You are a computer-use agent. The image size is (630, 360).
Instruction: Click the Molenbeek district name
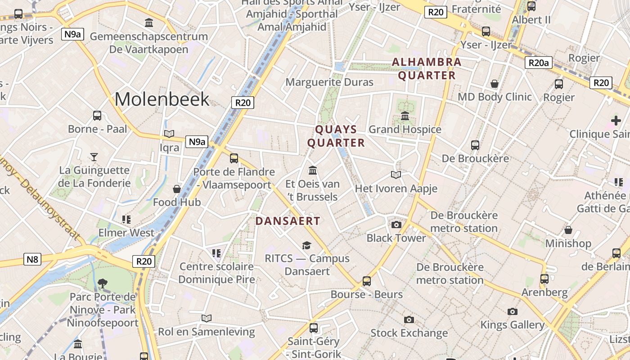tap(162, 99)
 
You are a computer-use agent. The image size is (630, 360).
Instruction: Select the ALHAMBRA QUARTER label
tap(427, 68)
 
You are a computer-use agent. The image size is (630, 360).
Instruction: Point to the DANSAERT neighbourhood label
tap(288, 221)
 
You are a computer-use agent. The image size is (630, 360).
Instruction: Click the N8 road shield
tap(32, 259)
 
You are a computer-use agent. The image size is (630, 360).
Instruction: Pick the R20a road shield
tap(538, 63)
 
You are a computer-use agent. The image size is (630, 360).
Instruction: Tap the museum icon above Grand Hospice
tap(405, 116)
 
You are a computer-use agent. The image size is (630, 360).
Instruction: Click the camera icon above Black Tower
tap(396, 225)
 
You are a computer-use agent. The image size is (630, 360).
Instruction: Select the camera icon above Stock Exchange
tap(409, 319)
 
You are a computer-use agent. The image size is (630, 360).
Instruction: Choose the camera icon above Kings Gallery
tap(512, 311)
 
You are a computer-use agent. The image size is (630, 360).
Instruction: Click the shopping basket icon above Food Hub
tap(177, 189)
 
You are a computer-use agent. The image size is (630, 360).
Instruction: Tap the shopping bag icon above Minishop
tap(568, 230)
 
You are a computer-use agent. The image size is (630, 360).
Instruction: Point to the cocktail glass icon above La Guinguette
tap(94, 157)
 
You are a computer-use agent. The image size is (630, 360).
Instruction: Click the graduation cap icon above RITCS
tap(307, 245)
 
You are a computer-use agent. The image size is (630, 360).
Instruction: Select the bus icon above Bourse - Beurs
tap(367, 281)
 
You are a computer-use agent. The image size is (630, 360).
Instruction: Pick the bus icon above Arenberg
tap(544, 279)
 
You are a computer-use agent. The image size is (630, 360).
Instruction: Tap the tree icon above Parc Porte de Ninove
tap(103, 283)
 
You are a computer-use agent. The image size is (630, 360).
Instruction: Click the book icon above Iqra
tap(169, 134)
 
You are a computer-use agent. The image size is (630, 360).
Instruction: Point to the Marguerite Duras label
tap(329, 82)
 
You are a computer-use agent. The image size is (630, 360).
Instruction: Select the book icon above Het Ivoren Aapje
tap(396, 175)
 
